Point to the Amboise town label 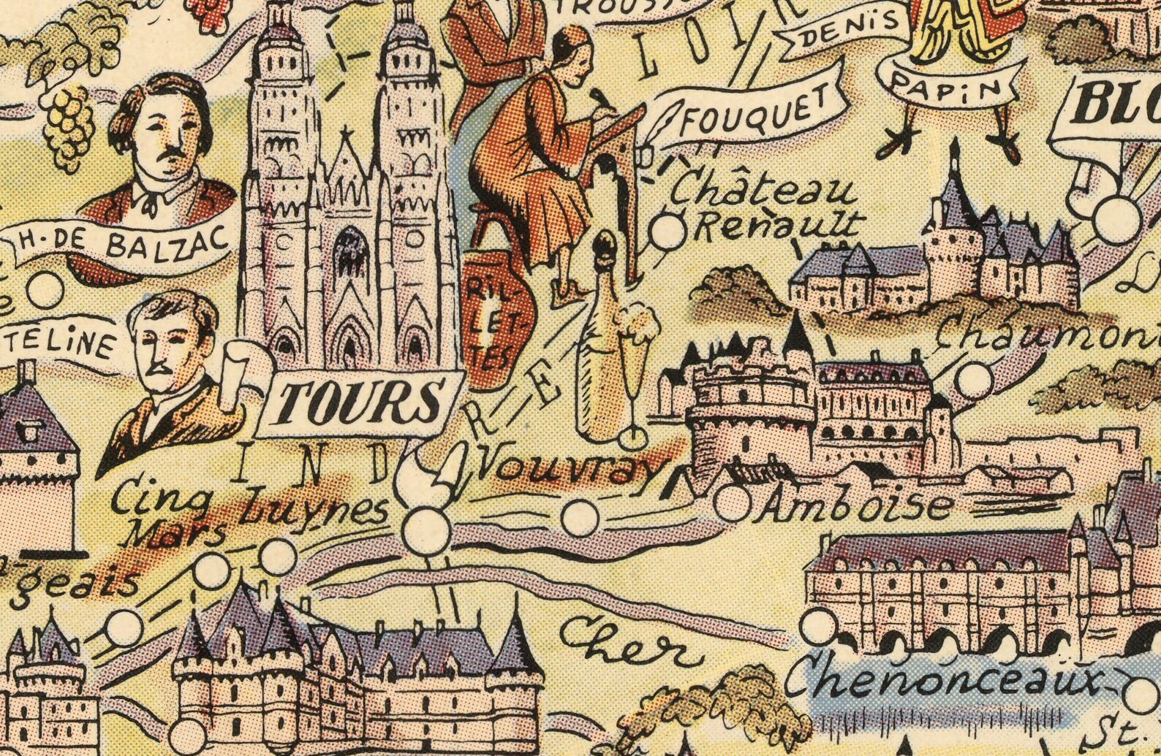(x=855, y=504)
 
